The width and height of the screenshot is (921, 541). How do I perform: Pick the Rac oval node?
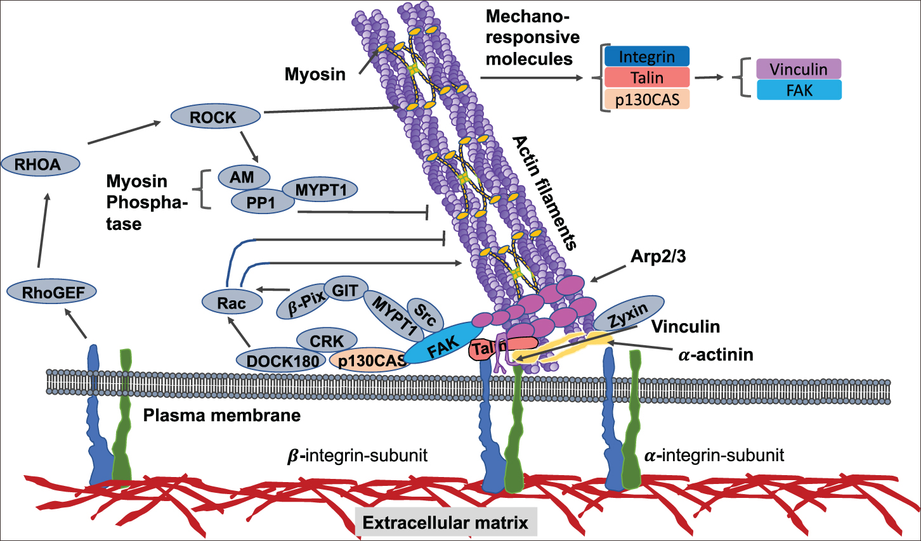[x=232, y=303]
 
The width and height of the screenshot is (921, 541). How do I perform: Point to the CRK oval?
[x=326, y=341]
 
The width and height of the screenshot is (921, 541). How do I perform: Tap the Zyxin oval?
[x=628, y=313]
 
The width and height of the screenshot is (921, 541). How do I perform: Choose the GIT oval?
[x=346, y=290]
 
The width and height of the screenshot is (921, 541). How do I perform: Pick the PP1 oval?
[x=262, y=203]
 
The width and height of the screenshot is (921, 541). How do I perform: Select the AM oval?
[x=243, y=177]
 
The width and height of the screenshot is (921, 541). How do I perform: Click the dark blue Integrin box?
[x=646, y=57]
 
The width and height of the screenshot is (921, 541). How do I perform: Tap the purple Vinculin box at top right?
[x=799, y=69]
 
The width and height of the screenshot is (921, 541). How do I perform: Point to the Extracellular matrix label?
[x=445, y=523]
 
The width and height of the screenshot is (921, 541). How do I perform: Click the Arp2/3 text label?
[x=658, y=257]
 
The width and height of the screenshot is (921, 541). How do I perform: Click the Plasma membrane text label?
[x=221, y=416]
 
